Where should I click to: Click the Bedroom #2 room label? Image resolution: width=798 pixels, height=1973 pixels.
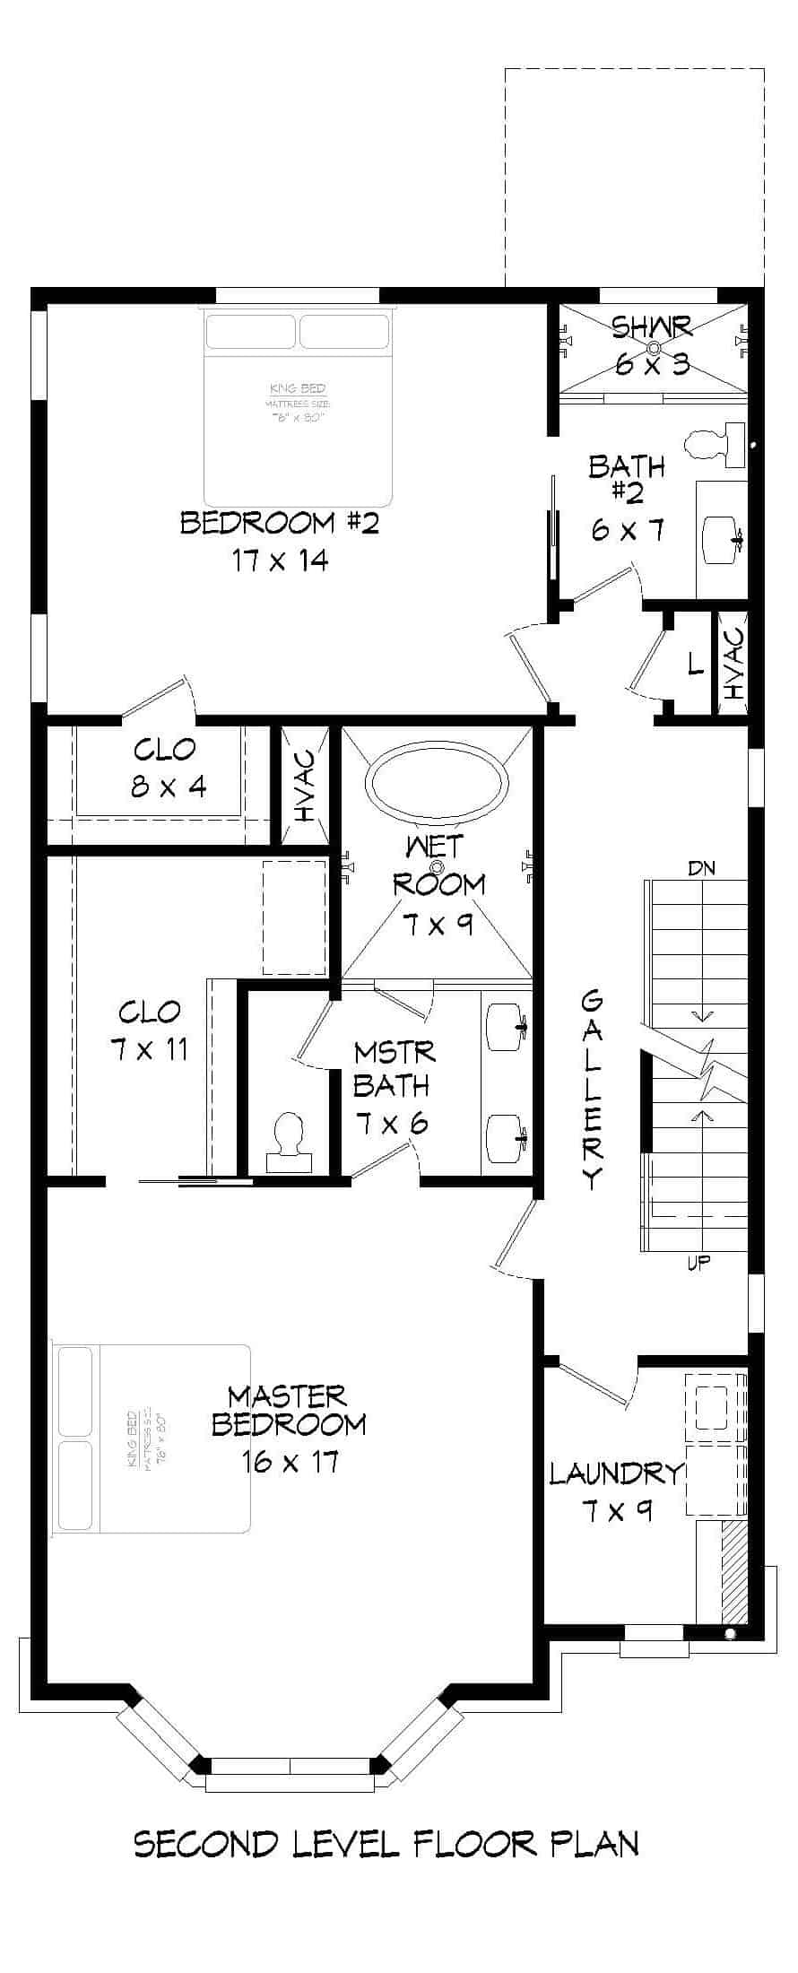(280, 522)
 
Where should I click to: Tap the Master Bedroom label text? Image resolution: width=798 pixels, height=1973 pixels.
(289, 1410)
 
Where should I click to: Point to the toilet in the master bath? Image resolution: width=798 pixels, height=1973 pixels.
(289, 1139)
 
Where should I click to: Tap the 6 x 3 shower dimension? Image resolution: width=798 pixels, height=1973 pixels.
(653, 363)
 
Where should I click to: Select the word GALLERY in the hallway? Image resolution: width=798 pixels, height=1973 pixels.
(593, 1089)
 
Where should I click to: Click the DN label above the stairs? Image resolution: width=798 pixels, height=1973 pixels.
(701, 868)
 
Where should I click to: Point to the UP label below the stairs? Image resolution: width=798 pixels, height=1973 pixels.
(698, 1263)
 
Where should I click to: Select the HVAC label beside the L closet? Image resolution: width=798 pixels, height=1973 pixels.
(734, 664)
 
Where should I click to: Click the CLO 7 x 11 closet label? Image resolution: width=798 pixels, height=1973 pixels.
(150, 1030)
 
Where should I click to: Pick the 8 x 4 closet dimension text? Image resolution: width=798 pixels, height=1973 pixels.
(169, 787)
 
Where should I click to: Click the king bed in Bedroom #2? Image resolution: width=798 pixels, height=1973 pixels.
(299, 409)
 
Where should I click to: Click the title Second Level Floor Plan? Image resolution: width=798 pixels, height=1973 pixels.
(386, 1843)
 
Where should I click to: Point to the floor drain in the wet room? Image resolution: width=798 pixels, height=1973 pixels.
(438, 867)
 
